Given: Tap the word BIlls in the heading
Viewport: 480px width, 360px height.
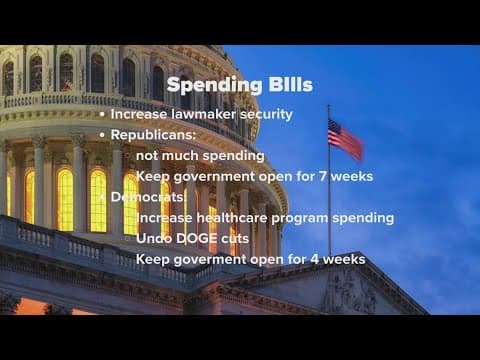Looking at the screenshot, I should [x=283, y=85].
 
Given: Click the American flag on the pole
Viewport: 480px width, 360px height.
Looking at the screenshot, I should [x=345, y=137].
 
